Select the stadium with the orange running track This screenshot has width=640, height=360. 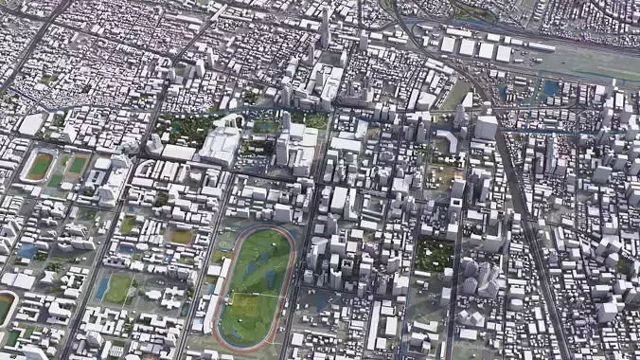click(x=40, y=166)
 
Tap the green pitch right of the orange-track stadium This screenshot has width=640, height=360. click(x=77, y=165)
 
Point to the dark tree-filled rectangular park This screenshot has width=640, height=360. click(x=434, y=253)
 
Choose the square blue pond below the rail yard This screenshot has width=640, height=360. click(x=550, y=89)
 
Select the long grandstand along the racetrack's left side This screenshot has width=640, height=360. click(x=220, y=284)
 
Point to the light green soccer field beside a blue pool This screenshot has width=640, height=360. click(x=118, y=287)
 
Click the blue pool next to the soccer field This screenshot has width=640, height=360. click(x=101, y=286)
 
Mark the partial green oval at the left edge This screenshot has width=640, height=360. click(x=5, y=308)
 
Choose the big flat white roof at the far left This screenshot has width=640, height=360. click(x=30, y=124)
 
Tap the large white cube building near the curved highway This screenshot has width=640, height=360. click(x=486, y=127)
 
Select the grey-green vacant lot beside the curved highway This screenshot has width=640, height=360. click(x=457, y=95)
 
